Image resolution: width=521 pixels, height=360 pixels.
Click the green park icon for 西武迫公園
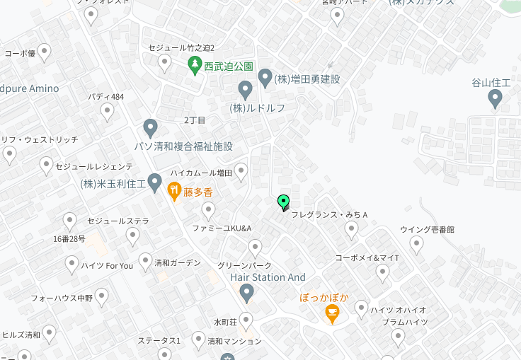[195, 66]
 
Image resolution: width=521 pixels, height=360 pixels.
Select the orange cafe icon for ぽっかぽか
[331, 313]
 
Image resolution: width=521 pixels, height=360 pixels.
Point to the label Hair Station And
[268, 277]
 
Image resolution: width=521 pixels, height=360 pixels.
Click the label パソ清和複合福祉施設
[184, 146]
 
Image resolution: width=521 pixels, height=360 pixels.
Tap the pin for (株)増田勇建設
[265, 78]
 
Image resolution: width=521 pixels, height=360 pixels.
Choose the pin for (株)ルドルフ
[246, 90]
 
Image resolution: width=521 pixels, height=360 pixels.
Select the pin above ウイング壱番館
[416, 245]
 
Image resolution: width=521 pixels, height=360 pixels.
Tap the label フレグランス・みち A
[330, 214]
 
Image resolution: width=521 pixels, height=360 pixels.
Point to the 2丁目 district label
[194, 120]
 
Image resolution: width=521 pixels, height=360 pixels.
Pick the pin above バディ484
[107, 111]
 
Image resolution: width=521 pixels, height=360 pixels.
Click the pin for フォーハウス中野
[103, 296]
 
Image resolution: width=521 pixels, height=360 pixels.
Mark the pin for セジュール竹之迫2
[165, 63]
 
